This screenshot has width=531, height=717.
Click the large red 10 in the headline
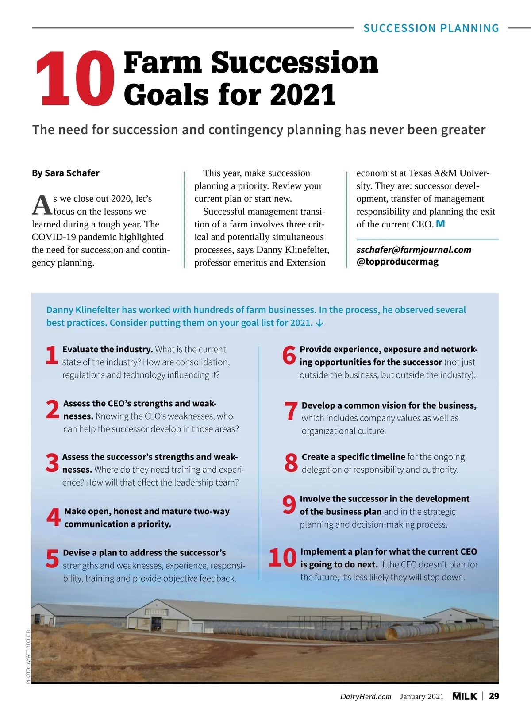(75, 79)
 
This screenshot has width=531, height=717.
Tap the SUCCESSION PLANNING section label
(431, 28)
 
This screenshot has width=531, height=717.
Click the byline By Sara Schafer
(65, 173)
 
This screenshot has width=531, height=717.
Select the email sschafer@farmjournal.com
(414, 250)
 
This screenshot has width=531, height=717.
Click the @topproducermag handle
(397, 262)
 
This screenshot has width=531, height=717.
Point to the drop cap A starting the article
(42, 204)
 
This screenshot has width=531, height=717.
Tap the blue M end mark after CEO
(440, 224)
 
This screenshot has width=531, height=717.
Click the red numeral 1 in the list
(52, 355)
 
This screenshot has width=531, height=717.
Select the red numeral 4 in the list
(54, 517)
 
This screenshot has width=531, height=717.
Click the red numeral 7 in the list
(291, 411)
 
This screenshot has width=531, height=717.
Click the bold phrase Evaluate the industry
(108, 349)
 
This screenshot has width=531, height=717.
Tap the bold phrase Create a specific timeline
(353, 457)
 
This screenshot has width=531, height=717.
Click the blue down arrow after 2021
(319, 323)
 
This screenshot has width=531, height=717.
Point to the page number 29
(494, 696)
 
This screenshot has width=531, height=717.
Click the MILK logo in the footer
(465, 696)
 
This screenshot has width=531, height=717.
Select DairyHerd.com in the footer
(366, 697)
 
